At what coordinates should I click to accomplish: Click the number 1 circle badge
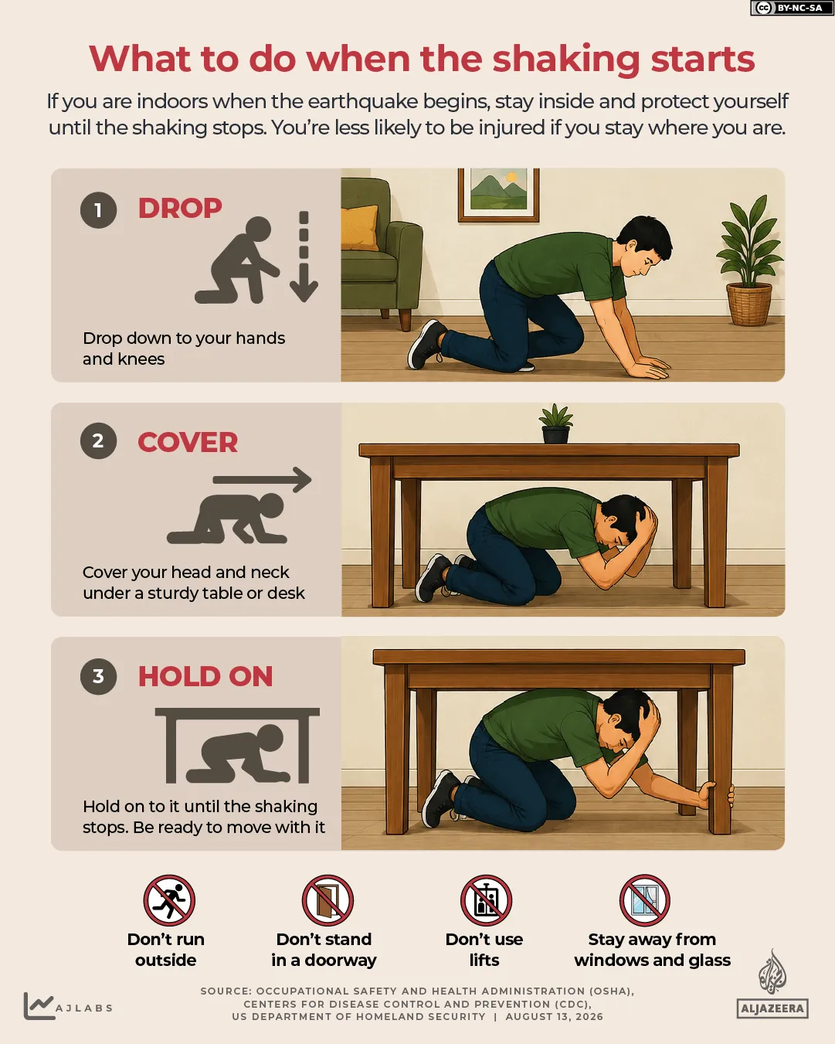(x=98, y=210)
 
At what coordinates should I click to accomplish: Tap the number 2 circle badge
(x=98, y=440)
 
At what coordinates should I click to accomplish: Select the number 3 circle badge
(x=98, y=676)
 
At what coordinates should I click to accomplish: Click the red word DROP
(x=180, y=209)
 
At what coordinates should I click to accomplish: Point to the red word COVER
(x=188, y=443)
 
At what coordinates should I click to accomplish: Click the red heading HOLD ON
(x=205, y=676)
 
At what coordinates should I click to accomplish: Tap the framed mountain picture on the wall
(x=498, y=194)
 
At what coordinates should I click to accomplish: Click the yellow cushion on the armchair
(x=360, y=227)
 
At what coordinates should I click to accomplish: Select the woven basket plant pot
(x=748, y=304)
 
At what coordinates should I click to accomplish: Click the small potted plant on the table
(x=555, y=424)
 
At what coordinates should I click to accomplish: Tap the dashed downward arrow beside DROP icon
(x=304, y=256)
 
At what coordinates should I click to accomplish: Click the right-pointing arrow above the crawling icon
(x=263, y=480)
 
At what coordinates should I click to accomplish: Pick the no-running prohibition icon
(x=169, y=901)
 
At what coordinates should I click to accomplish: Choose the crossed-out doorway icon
(x=328, y=901)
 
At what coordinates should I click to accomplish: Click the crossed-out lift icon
(x=487, y=901)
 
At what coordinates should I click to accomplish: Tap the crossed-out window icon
(x=645, y=901)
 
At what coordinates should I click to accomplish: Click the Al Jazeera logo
(x=772, y=984)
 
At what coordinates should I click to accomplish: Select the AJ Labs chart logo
(x=68, y=1006)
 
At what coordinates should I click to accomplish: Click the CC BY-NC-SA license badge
(x=792, y=8)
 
